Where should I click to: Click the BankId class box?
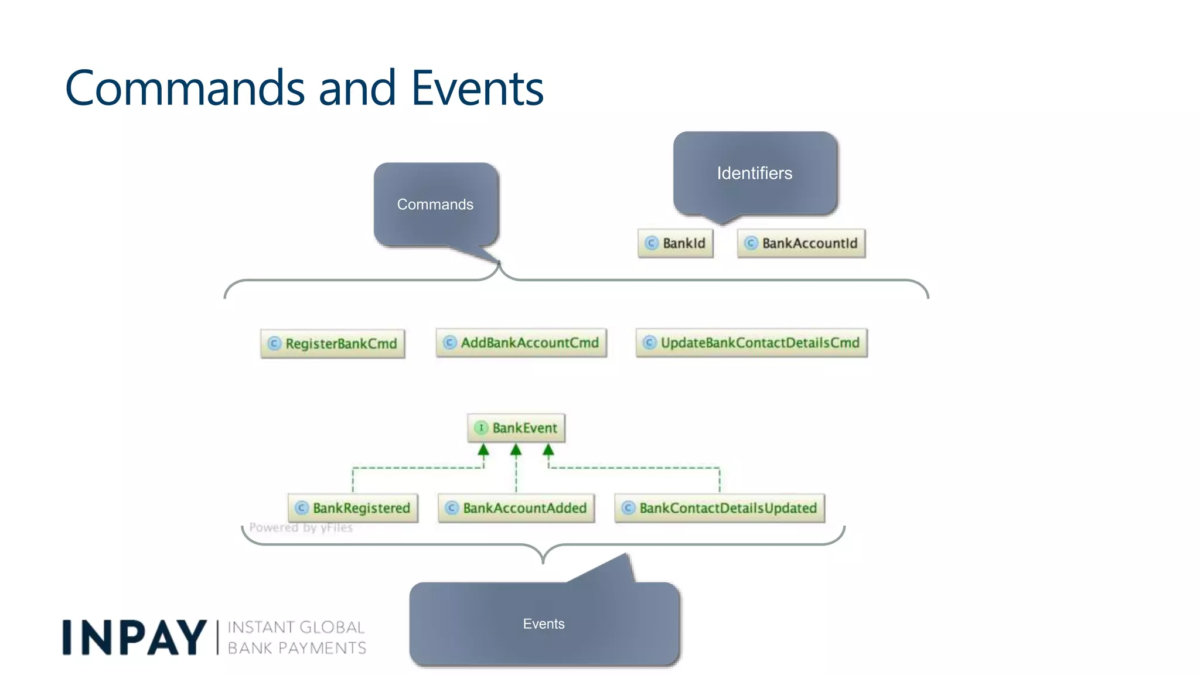point(676,243)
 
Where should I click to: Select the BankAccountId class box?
point(801,243)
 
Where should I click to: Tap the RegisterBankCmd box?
point(333,343)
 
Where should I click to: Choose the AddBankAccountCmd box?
point(521,343)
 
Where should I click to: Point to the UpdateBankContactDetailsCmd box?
point(751,343)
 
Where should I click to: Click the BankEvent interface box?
point(516,428)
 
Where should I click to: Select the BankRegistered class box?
point(353,508)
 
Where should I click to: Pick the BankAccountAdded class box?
point(516,508)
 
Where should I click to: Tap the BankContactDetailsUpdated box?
point(720,508)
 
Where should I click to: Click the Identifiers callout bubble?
point(755,173)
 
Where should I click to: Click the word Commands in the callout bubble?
point(435,204)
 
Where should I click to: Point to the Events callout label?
point(544,624)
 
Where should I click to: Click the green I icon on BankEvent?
point(481,428)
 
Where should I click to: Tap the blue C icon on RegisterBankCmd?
point(274,343)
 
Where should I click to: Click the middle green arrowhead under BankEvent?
point(516,450)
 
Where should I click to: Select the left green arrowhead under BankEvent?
point(483,450)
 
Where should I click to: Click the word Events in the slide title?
point(478,88)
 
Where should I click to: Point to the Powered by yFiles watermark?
point(301,527)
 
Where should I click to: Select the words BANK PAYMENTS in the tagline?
point(296,648)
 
